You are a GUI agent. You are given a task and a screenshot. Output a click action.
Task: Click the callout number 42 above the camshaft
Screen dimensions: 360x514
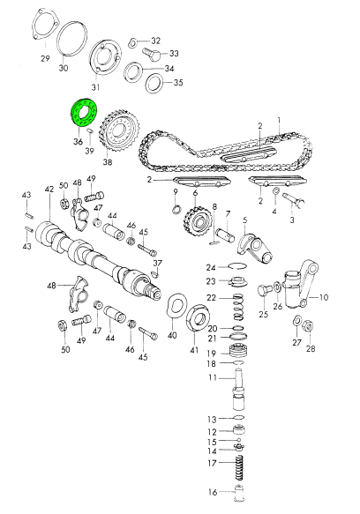coord(49,190)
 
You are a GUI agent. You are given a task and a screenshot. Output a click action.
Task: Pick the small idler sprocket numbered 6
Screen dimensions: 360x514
coord(197,220)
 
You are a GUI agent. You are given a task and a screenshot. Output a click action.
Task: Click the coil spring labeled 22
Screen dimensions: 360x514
coord(239,308)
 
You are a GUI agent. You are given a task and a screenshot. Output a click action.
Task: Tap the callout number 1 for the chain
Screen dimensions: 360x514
coord(279,120)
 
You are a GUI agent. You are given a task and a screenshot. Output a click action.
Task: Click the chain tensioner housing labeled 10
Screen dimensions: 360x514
coord(297,285)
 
